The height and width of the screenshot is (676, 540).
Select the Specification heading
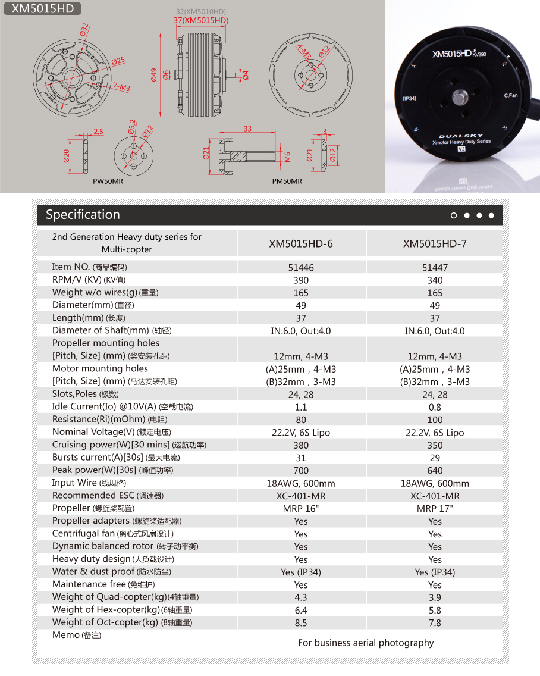(83, 215)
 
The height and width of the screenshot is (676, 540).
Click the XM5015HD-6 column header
(301, 243)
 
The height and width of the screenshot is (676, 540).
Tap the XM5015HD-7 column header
(435, 243)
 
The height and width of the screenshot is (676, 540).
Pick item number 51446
(301, 268)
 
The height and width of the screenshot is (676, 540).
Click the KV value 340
(435, 280)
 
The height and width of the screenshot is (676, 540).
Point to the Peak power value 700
(301, 471)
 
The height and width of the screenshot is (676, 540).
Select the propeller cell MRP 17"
(435, 509)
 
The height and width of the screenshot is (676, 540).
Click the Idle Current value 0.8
(435, 408)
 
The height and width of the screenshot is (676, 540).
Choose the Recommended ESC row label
(108, 496)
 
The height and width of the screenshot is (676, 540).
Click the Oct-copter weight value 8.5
(301, 623)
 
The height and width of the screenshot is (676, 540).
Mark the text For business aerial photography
(366, 643)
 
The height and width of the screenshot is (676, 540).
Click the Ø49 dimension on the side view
(153, 74)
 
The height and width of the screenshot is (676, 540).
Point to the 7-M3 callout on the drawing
(121, 87)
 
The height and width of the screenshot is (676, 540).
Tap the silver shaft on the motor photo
(461, 97)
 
